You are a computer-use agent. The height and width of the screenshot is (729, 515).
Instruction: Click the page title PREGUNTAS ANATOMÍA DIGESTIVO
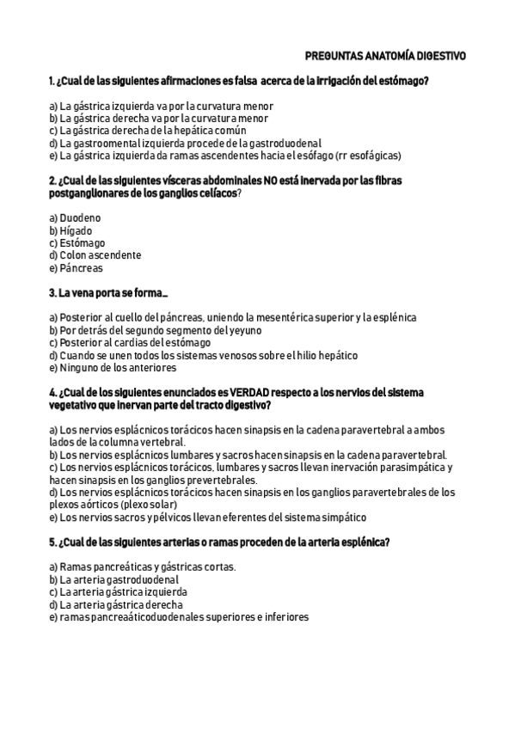385,55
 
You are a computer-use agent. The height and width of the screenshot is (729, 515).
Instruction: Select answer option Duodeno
75,218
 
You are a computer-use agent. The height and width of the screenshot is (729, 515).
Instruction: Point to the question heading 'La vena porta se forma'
108,293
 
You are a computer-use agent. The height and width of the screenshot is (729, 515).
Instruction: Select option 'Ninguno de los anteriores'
112,368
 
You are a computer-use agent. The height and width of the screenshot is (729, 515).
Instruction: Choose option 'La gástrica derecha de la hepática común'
147,131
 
